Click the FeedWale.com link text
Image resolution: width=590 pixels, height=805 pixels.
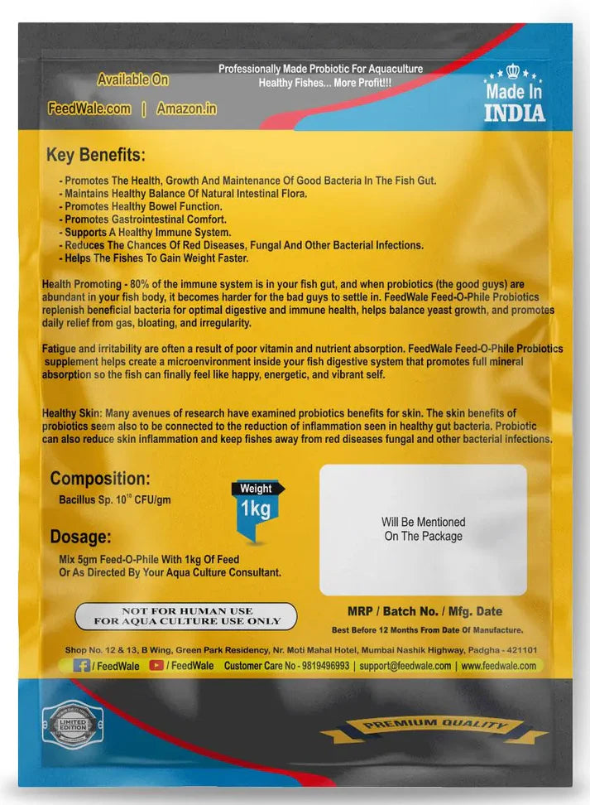(89, 108)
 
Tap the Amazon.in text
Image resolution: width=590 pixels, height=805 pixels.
(187, 108)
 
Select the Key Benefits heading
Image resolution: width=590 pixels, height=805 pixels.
(95, 155)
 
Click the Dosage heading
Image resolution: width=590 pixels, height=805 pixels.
(79, 537)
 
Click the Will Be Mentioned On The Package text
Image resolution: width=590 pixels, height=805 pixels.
(423, 529)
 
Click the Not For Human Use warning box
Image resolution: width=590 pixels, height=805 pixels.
(186, 615)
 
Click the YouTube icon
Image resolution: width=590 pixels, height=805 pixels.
(156, 665)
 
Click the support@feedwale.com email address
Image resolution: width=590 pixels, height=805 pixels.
(406, 666)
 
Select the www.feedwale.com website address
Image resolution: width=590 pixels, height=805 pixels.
(498, 666)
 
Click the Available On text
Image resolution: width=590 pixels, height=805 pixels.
(132, 80)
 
